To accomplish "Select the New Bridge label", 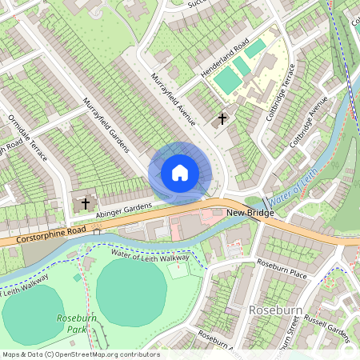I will coord(250,214).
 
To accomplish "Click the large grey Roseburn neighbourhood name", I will coord(274,310).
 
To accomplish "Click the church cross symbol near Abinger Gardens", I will coord(86,203).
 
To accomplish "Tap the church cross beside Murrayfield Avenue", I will coord(222,120).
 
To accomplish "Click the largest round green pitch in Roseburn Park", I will coord(133,293).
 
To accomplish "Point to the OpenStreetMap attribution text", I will coord(80,354).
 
